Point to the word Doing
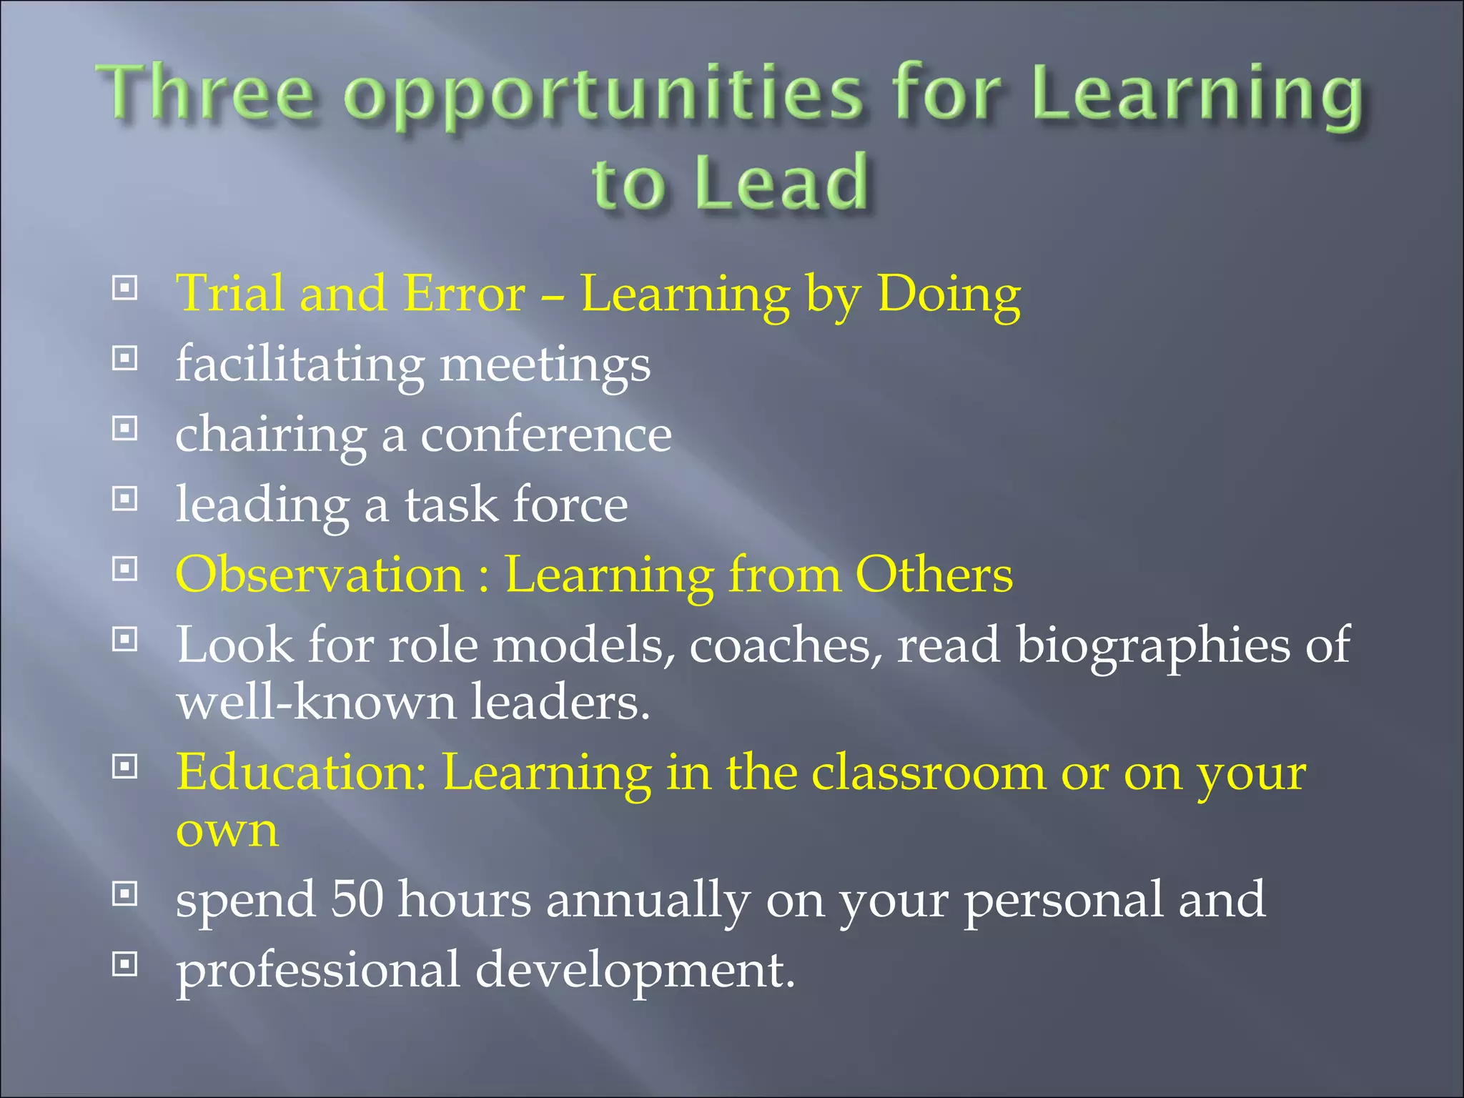pos(949,295)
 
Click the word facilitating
pos(300,365)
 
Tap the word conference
pos(545,435)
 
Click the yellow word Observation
pos(320,575)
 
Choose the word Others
pos(934,575)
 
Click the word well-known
pos(316,702)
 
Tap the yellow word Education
pos(301,773)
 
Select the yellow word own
pos(227,831)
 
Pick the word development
pos(635,971)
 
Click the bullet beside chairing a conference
pos(125,429)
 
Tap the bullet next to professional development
pos(125,965)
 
